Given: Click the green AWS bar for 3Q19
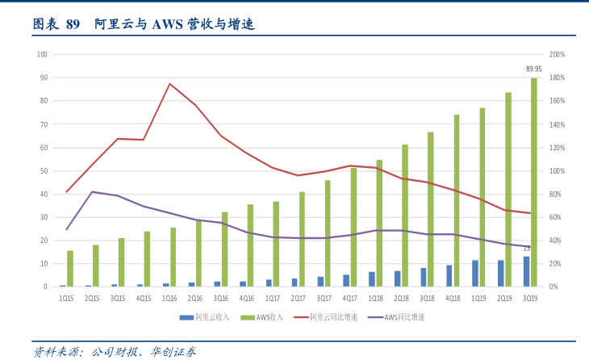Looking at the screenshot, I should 534,182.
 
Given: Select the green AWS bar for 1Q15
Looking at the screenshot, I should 70,268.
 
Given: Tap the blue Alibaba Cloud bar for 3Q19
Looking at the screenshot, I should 526,271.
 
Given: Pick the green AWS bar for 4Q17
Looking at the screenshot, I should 353,227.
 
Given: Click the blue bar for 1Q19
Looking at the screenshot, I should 475,273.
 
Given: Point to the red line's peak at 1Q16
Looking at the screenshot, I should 169,84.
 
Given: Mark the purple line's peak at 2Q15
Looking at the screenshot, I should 92,192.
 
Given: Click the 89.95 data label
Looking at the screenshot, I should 533,69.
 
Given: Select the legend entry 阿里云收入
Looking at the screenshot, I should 212,317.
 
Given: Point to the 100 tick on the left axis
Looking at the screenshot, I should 43,54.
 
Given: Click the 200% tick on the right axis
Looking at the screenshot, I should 557,54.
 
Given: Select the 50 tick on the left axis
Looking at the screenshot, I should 44,170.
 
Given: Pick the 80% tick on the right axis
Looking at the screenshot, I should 555,194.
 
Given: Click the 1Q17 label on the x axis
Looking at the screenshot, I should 273,297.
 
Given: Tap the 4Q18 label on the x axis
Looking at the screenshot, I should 453,297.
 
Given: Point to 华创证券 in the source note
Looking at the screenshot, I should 173,352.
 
